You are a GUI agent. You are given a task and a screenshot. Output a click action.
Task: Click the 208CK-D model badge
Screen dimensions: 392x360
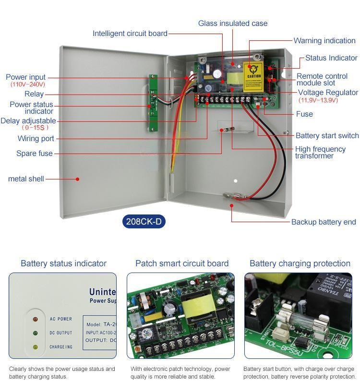(144, 222)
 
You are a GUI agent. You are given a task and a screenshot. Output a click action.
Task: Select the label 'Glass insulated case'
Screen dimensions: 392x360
(233, 24)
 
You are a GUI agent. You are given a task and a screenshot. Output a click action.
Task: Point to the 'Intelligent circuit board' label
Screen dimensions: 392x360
(130, 34)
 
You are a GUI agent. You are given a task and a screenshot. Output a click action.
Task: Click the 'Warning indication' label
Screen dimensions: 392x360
(324, 41)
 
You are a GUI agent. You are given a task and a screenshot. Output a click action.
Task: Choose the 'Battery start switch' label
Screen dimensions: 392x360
(327, 136)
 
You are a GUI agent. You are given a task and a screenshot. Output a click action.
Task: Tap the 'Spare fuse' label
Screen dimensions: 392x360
(35, 154)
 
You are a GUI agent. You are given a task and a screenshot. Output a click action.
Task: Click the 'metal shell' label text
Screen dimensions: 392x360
(26, 179)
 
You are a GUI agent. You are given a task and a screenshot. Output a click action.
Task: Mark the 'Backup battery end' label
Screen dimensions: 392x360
(324, 222)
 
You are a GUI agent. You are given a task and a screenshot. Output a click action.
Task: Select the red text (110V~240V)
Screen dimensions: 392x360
(28, 85)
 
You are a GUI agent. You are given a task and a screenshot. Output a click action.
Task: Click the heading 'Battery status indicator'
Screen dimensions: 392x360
(63, 263)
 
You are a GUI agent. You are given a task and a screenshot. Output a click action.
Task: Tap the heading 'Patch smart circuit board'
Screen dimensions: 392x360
(182, 263)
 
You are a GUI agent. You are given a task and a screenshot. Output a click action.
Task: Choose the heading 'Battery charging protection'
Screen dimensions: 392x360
(300, 263)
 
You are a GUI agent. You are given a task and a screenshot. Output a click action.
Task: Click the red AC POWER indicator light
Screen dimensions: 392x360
(35, 319)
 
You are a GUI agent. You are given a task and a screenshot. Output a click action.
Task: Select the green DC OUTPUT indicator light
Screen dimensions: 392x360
(35, 333)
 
